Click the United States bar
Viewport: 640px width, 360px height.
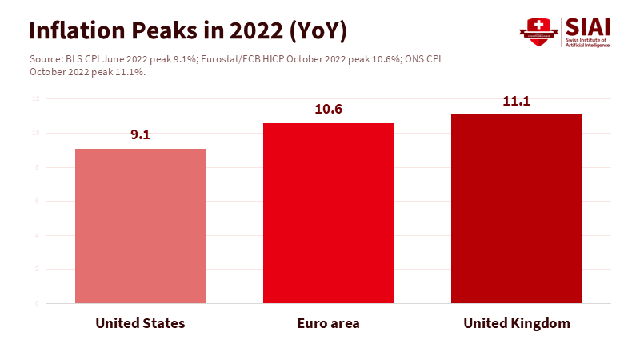tap(140, 226)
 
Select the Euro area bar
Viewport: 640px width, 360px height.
tap(328, 213)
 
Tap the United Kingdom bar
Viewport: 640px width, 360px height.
tap(516, 209)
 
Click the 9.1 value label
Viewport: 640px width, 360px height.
tap(140, 134)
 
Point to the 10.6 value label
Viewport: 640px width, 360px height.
tap(328, 109)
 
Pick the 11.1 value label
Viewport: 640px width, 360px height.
tap(516, 101)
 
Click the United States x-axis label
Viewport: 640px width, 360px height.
tap(140, 323)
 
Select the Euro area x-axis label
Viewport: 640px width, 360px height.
tap(328, 323)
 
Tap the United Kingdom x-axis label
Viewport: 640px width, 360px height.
tap(517, 323)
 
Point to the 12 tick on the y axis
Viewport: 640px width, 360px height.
tap(35, 98)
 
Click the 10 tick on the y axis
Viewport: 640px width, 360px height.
tap(35, 133)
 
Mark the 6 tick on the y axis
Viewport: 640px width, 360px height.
tap(36, 201)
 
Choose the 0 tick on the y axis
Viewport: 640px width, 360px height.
tap(36, 303)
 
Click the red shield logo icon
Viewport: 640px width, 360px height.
tap(538, 30)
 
